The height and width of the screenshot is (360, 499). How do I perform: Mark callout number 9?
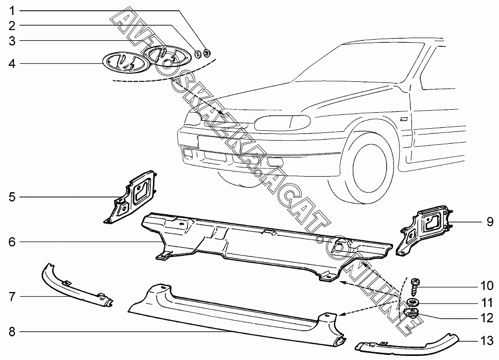[x=490, y=222]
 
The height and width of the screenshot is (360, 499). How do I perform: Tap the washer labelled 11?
[x=413, y=302]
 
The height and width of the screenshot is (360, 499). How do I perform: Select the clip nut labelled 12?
[x=411, y=312]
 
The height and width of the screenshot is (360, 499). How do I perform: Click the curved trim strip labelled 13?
[x=407, y=346]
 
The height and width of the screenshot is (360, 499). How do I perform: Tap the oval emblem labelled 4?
[x=123, y=63]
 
